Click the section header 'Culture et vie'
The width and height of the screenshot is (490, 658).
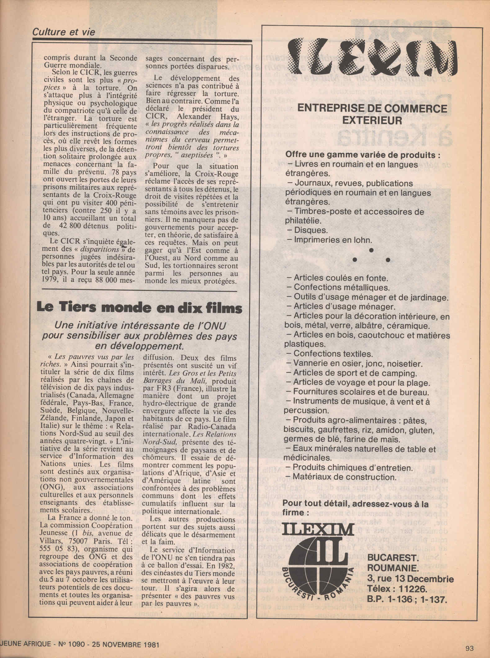(x=64, y=32)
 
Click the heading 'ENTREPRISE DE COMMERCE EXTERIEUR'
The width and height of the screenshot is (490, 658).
(x=372, y=114)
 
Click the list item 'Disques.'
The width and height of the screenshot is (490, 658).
(x=306, y=230)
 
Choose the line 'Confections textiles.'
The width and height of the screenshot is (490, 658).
(x=333, y=354)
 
